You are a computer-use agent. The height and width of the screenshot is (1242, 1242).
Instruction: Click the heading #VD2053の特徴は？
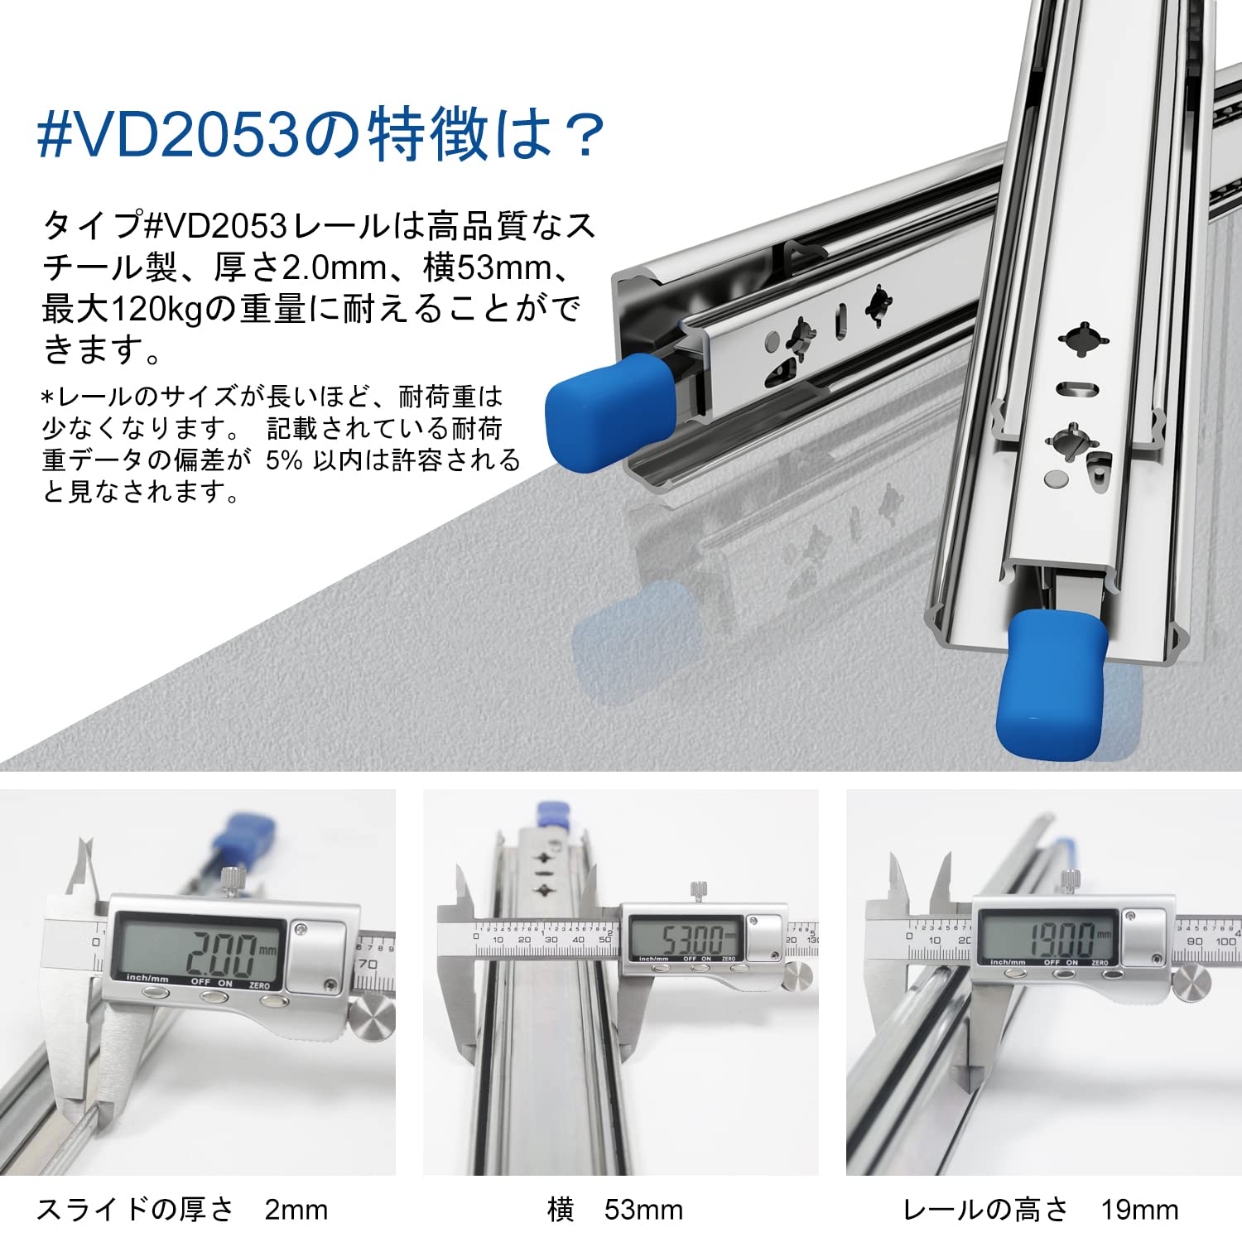coord(321,134)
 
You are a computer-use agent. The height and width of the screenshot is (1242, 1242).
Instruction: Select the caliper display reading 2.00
coord(199,951)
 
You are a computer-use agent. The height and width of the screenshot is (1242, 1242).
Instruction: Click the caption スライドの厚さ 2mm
coord(182,1210)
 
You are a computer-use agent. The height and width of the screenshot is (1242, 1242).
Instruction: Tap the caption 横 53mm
coord(615,1210)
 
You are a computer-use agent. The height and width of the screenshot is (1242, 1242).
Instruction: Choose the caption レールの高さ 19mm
coord(1041,1210)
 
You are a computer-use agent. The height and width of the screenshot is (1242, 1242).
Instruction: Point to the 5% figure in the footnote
coord(284,460)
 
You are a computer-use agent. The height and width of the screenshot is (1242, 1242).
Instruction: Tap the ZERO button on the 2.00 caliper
coord(271,1000)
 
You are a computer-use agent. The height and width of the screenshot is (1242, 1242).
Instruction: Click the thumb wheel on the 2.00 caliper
coord(372,1016)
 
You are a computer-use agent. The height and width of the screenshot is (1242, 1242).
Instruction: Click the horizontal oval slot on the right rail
coord(1080,388)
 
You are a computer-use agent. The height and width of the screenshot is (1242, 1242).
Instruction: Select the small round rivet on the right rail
coord(1057,478)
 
